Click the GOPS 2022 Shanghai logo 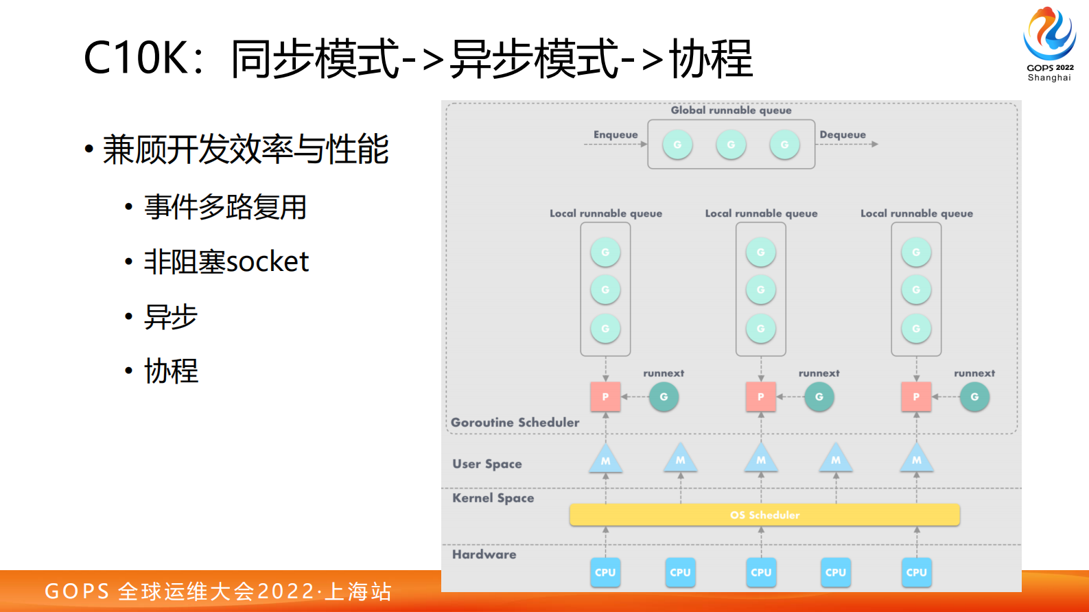click(1049, 43)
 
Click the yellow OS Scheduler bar click(764, 515)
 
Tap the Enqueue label click(616, 134)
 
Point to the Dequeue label click(843, 134)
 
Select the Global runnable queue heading click(731, 110)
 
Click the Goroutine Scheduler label click(515, 423)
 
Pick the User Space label click(487, 464)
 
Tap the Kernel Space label click(493, 498)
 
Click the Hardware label click(484, 554)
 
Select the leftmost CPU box click(605, 572)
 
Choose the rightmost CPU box click(916, 572)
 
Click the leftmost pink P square click(605, 397)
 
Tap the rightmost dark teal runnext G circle click(974, 397)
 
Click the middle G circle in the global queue click(731, 145)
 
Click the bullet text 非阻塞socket click(226, 262)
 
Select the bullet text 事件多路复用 click(225, 207)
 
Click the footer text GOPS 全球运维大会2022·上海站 click(218, 591)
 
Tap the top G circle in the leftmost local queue click(605, 252)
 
